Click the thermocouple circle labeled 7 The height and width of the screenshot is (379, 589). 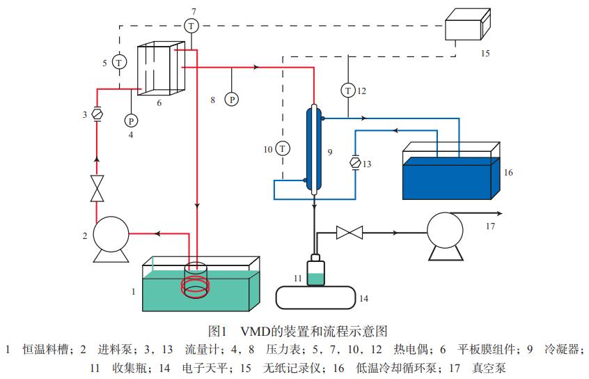tap(191, 26)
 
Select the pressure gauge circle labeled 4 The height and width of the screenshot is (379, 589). tap(130, 121)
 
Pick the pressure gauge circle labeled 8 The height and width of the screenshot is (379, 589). tap(232, 100)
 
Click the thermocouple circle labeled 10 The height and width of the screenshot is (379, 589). tap(282, 148)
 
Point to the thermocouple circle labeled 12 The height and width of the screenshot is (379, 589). tap(347, 90)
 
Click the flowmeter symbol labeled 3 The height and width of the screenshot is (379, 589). tap(97, 114)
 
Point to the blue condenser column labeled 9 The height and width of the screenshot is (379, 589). tap(315, 149)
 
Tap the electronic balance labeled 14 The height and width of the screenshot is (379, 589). tap(315, 297)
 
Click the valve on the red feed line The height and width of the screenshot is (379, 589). tap(97, 189)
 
